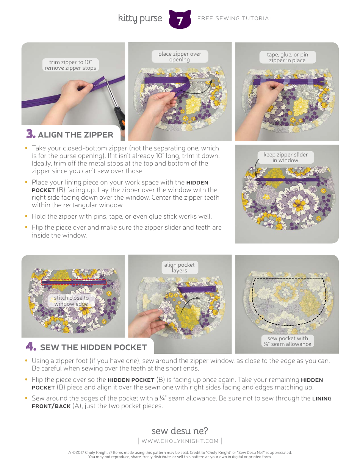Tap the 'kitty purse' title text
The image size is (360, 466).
[x=140, y=18]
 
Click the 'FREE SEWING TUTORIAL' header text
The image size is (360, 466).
[x=235, y=18]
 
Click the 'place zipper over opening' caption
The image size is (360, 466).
[x=180, y=57]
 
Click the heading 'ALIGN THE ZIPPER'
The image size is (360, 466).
[x=75, y=135]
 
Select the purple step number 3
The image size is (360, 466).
[x=31, y=134]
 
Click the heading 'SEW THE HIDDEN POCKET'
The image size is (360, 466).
[x=93, y=347]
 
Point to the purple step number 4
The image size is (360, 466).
[x=31, y=347]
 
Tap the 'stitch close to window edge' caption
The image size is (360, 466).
[x=71, y=301]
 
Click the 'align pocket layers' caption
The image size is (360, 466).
[x=179, y=267]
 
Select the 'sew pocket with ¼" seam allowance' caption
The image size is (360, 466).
[x=287, y=341]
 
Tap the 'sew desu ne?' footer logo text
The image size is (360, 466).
[x=180, y=431]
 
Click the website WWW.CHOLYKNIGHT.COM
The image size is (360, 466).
[x=180, y=441]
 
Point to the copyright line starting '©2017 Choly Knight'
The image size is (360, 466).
[x=180, y=452]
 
